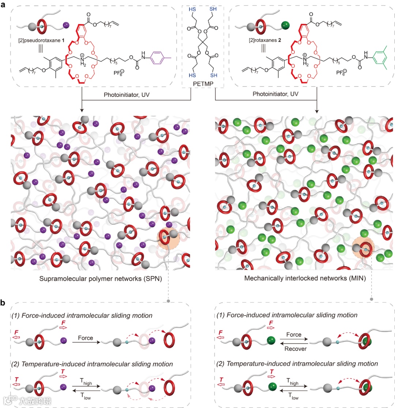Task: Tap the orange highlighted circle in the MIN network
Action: click(363, 249)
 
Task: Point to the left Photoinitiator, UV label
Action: click(119, 94)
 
